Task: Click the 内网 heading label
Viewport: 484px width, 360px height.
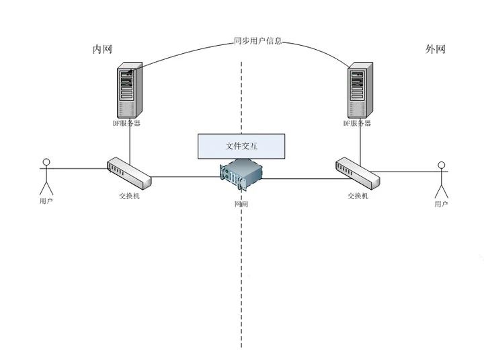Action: click(x=102, y=50)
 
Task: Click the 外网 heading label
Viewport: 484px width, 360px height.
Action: click(x=436, y=50)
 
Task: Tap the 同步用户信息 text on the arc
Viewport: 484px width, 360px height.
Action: click(x=257, y=41)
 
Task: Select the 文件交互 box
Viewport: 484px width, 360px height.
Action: click(x=241, y=145)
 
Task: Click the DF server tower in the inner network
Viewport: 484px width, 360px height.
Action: click(x=129, y=89)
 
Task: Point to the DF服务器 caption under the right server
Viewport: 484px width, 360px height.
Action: click(x=358, y=124)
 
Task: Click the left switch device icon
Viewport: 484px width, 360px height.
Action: click(x=129, y=173)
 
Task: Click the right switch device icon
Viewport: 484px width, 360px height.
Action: click(x=358, y=173)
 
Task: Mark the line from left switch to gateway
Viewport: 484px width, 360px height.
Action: click(x=185, y=178)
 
